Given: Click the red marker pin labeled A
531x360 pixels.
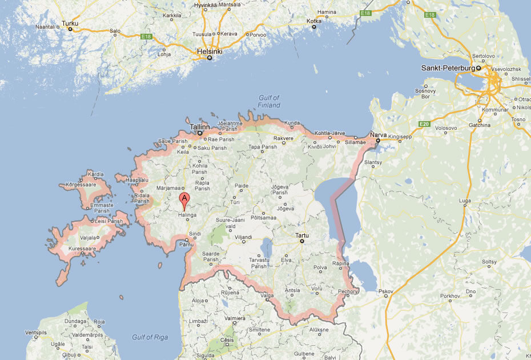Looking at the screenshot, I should point(184,200).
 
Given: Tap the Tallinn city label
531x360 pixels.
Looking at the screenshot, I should point(200,127).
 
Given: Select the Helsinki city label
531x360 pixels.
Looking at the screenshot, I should point(210,51).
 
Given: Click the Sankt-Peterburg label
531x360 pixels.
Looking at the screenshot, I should point(448,68).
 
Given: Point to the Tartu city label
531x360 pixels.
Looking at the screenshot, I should point(302,235).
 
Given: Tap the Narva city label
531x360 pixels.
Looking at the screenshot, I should point(378,134).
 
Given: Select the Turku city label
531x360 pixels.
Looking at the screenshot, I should point(70,23).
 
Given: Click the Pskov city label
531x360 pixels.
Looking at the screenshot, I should point(386,292).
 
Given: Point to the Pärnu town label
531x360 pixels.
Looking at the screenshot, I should point(187,244).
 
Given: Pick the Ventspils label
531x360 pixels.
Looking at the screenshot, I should point(35,332).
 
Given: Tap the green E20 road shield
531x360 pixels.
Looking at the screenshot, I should point(423,124).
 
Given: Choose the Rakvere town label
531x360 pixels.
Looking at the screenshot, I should point(284,138).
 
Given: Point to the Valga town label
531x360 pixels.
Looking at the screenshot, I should point(267,295).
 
